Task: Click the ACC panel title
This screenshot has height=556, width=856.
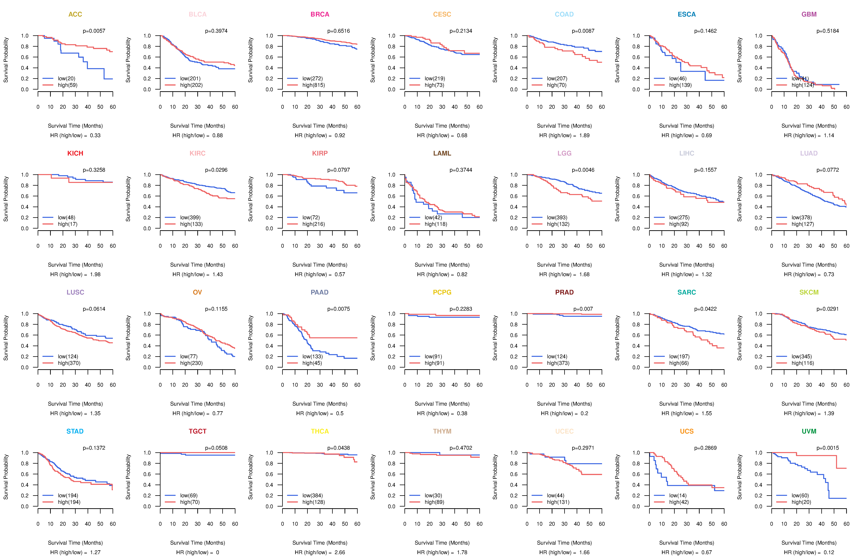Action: (75, 14)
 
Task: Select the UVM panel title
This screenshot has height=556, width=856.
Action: (809, 431)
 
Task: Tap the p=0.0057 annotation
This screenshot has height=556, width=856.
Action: (94, 31)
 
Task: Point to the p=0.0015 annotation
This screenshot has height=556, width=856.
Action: (828, 448)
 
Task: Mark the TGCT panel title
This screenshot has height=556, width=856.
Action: (197, 431)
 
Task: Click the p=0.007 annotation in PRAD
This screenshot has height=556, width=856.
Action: (583, 309)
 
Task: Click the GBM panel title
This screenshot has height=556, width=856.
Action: (809, 14)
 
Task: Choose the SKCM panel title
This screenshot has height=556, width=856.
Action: (809, 292)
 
